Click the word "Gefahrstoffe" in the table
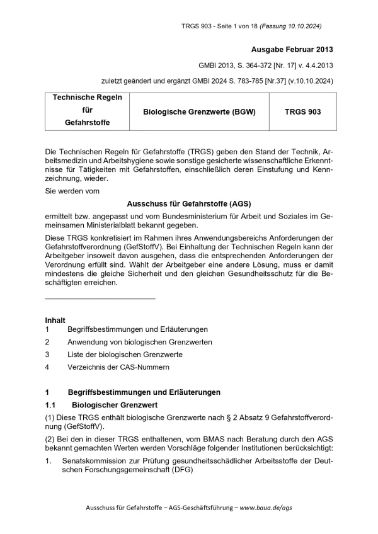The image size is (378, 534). click(x=87, y=123)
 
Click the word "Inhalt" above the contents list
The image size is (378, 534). click(x=55, y=320)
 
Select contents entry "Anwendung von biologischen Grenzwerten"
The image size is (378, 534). click(x=139, y=342)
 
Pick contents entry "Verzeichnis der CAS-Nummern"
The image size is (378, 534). click(x=118, y=366)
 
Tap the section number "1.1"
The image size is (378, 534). click(x=51, y=404)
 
